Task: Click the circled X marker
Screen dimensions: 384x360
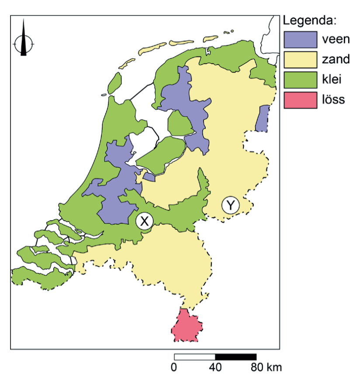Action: pyautogui.click(x=144, y=221)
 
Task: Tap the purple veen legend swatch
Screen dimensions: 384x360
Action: pyautogui.click(x=300, y=39)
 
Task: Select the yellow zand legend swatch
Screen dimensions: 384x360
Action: pyautogui.click(x=300, y=59)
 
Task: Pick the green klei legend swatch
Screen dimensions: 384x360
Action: pyautogui.click(x=300, y=79)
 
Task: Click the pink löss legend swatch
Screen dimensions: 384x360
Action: pyautogui.click(x=300, y=100)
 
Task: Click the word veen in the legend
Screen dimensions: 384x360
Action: pyautogui.click(x=336, y=39)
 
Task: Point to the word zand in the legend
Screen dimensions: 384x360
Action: pyautogui.click(x=336, y=59)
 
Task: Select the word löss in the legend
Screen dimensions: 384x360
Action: pyautogui.click(x=333, y=99)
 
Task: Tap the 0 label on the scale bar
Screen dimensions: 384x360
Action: pyautogui.click(x=174, y=367)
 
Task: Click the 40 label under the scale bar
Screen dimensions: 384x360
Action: pyautogui.click(x=215, y=367)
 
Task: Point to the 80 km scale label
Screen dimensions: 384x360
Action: pyautogui.click(x=267, y=367)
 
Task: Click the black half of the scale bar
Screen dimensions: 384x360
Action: pyautogui.click(x=235, y=357)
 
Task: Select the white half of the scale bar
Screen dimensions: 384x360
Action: pyautogui.click(x=194, y=357)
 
